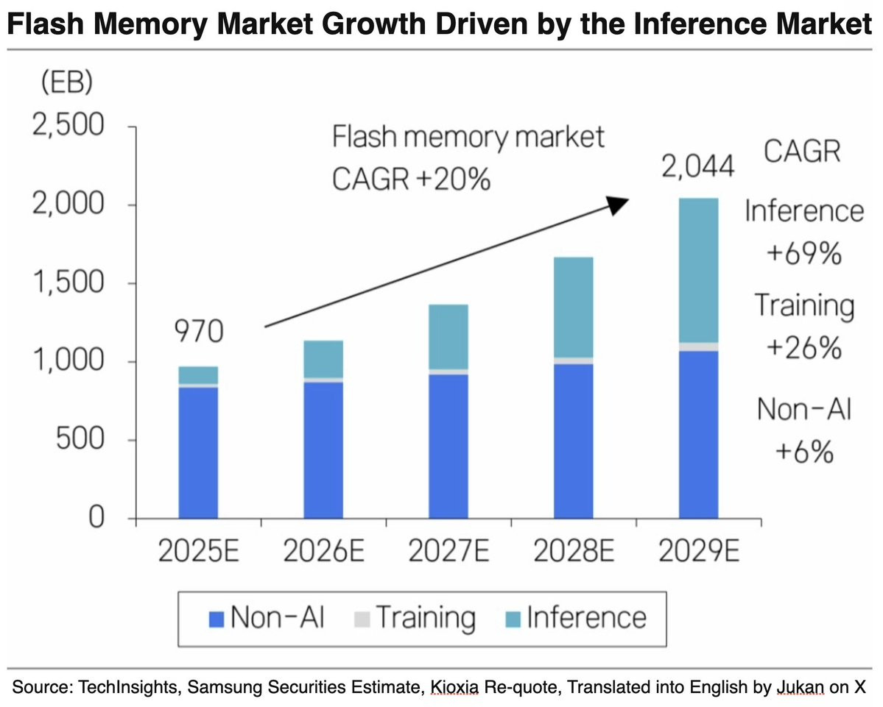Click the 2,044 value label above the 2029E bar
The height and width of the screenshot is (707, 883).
point(697,166)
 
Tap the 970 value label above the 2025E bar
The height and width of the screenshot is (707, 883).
point(199,331)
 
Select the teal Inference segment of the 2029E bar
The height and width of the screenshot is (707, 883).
point(698,270)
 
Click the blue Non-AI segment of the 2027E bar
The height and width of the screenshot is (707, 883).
point(448,446)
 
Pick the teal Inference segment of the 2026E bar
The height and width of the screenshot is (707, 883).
point(323,359)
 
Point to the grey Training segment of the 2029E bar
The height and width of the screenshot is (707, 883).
point(698,347)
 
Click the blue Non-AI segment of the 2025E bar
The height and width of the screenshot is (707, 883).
point(198,452)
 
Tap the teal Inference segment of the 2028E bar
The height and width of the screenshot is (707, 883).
point(573,307)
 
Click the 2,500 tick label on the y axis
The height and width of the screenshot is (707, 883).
point(68,124)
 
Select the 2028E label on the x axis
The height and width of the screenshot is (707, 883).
point(573,550)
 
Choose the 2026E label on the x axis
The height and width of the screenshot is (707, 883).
point(323,550)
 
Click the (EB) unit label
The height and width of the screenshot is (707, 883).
point(67,82)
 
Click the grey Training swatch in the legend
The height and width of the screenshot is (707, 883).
point(362,619)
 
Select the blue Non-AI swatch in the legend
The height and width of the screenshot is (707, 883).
point(217,619)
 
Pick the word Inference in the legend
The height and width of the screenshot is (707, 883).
point(586,617)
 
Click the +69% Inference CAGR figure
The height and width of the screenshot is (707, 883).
point(804,253)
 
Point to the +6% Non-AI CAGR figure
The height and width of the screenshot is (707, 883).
point(804,452)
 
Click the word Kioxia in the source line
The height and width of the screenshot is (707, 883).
point(454,687)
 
